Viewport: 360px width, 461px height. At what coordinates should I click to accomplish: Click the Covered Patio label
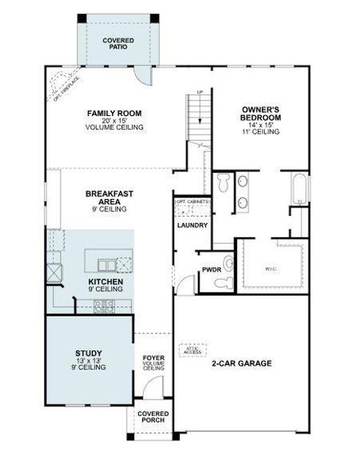(x=118, y=42)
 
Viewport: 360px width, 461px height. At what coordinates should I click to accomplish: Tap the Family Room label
(x=116, y=120)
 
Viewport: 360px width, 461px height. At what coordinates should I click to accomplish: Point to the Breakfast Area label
(x=106, y=198)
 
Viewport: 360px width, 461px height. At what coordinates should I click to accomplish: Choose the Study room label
(x=89, y=359)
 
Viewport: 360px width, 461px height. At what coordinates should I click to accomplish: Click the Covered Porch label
(x=153, y=418)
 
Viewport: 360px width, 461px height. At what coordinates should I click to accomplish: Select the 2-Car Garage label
(x=242, y=363)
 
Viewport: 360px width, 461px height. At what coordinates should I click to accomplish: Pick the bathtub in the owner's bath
(x=299, y=188)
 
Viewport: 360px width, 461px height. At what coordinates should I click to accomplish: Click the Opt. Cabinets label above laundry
(x=192, y=202)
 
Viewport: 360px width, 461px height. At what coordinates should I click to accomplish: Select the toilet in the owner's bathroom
(x=222, y=184)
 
